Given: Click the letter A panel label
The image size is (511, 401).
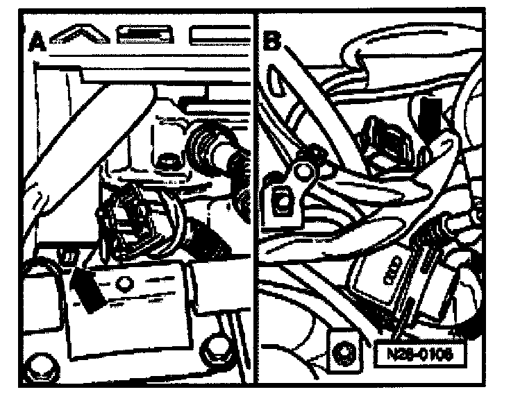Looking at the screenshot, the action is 37,43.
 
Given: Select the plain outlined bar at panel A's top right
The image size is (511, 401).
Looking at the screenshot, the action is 219,35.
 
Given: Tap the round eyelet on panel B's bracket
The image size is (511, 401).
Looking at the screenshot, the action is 302,169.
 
